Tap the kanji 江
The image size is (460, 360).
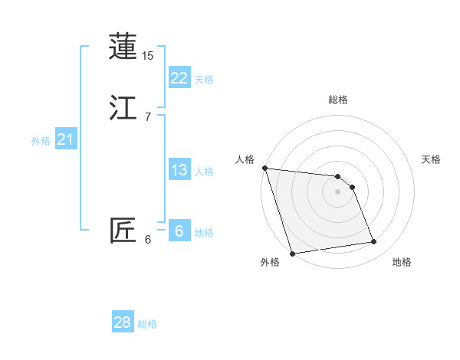click(x=123, y=107)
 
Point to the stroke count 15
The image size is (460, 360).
click(x=148, y=56)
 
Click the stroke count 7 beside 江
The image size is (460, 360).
click(x=147, y=116)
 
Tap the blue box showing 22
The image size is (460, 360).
click(x=179, y=78)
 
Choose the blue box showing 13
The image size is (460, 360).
click(x=179, y=170)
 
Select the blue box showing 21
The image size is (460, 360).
click(x=66, y=139)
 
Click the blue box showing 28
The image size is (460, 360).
click(x=123, y=322)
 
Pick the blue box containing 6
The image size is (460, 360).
click(x=179, y=231)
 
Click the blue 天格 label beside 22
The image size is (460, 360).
click(x=204, y=80)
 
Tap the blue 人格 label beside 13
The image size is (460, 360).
click(x=204, y=172)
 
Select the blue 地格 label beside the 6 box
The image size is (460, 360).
click(x=204, y=233)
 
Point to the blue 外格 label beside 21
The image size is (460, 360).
click(x=41, y=141)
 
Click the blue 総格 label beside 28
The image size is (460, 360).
click(x=147, y=324)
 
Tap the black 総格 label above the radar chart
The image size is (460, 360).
click(x=338, y=100)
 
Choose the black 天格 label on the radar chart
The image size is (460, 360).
click(x=431, y=159)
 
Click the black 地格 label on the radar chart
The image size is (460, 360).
click(x=402, y=262)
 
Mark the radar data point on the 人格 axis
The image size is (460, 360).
click(x=264, y=168)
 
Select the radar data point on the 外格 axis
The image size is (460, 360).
click(x=292, y=253)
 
